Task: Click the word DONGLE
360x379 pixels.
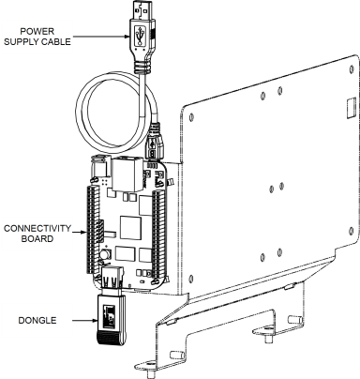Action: coord(37,321)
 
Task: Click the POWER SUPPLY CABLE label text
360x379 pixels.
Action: coord(37,37)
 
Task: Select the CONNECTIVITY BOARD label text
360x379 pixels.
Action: coord(37,234)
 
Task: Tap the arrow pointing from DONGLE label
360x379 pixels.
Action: coord(84,321)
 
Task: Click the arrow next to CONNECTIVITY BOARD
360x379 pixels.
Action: coord(79,232)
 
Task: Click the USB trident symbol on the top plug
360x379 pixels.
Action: coord(140,35)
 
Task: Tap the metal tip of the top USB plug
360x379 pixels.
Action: coord(142,10)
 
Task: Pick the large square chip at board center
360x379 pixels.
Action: coord(130,227)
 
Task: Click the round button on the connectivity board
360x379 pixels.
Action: coord(105,254)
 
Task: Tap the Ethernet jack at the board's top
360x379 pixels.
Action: coord(127,174)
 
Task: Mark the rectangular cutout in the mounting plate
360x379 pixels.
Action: coord(352,108)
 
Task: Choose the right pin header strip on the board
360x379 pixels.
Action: coord(158,235)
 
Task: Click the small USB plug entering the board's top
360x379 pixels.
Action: coord(155,142)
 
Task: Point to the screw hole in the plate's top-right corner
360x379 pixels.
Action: coord(352,68)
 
